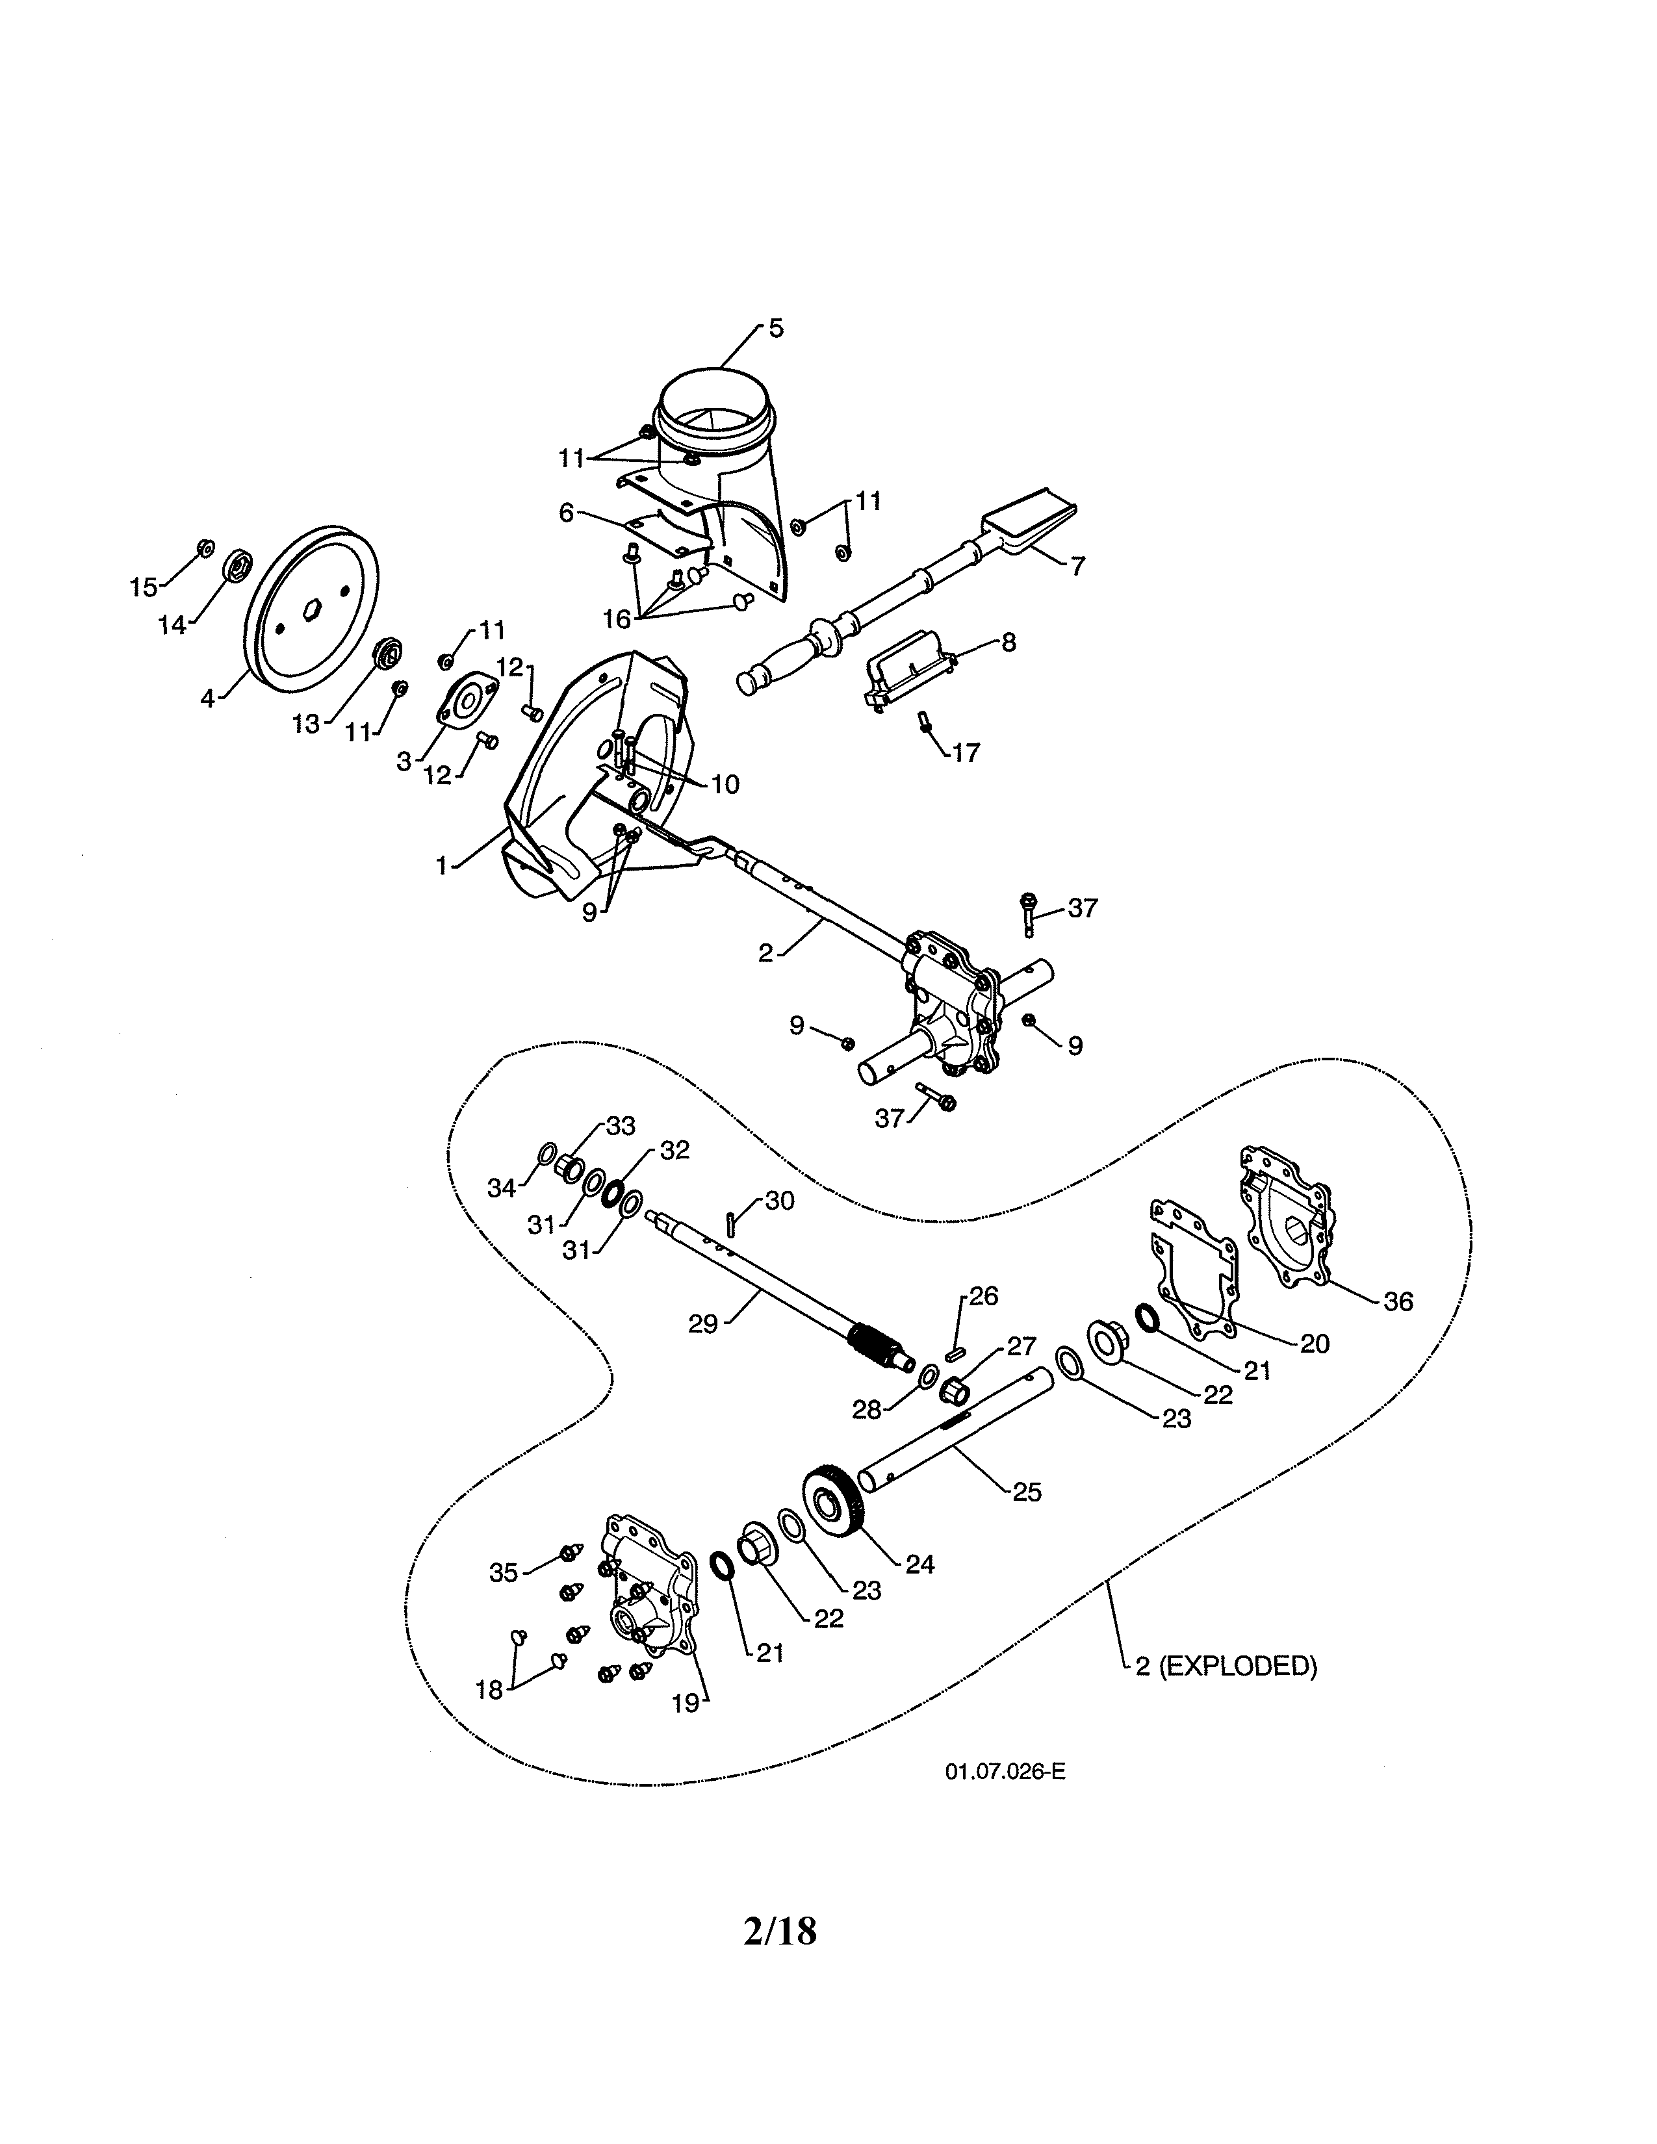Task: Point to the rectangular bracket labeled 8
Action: [908, 667]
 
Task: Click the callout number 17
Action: [965, 753]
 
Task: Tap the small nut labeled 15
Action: [205, 547]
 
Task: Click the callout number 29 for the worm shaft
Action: [703, 1323]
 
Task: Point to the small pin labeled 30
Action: [731, 1224]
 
